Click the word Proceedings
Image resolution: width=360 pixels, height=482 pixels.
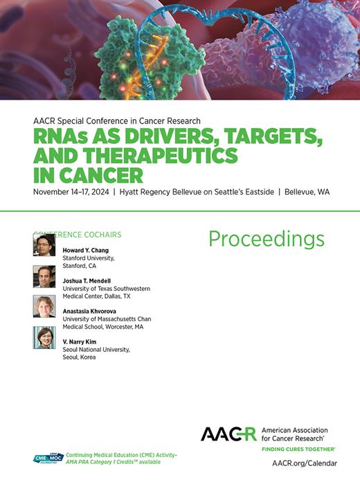266,239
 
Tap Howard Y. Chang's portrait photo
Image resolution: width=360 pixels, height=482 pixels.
44,245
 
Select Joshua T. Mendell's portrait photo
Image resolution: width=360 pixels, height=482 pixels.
44,276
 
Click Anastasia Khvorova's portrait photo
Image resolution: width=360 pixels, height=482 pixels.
44,307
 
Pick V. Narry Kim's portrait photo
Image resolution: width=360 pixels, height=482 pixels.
44,337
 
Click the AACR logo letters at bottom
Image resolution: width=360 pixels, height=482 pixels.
228,434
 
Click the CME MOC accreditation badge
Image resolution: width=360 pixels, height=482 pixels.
48,458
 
